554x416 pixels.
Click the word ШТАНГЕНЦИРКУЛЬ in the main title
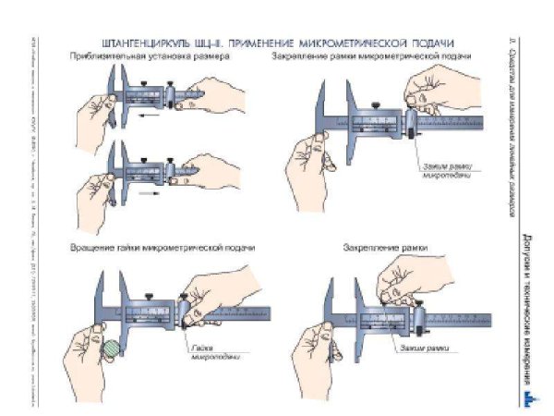(x=138, y=43)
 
